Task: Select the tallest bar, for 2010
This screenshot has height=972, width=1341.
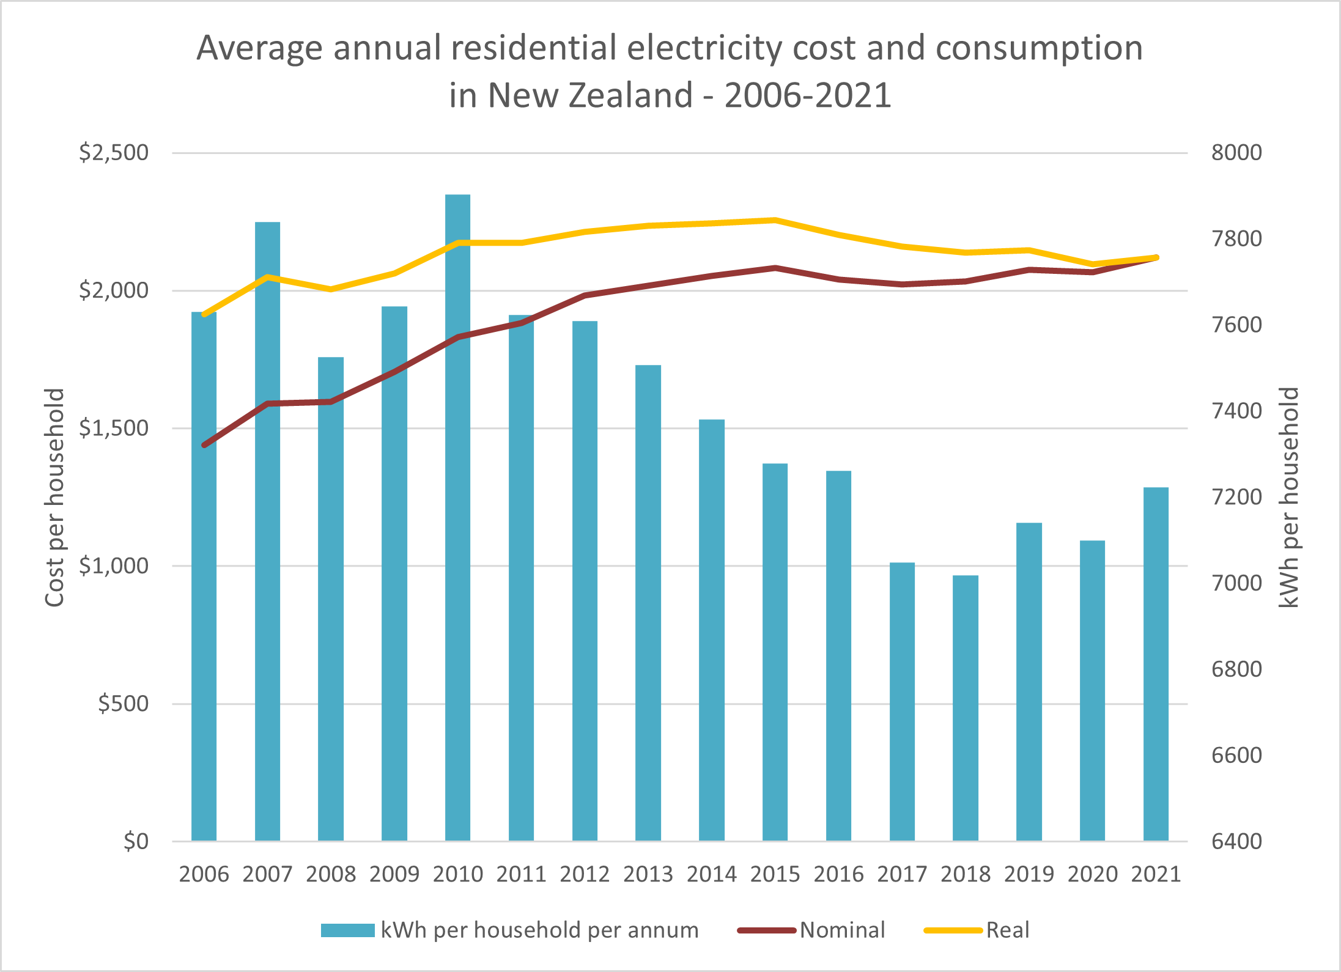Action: coord(457,520)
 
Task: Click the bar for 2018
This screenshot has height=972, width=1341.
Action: coord(965,709)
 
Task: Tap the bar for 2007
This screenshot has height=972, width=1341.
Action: coord(267,532)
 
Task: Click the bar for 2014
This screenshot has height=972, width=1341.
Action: coord(711,630)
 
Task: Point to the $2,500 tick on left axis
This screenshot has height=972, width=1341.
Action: coord(114,152)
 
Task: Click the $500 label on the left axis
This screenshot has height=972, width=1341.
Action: coord(124,704)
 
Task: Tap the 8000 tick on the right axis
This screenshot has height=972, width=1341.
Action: coord(1236,152)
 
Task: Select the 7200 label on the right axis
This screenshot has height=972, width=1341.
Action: coord(1236,497)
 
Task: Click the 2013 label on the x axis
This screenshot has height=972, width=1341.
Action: coord(648,874)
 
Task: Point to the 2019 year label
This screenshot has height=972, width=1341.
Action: coord(1029,874)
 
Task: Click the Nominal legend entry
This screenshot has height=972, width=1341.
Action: coord(842,930)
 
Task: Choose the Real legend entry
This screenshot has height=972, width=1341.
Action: coord(1007,930)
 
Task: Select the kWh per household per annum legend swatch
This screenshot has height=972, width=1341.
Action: coord(347,930)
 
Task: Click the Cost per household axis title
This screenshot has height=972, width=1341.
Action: coord(55,497)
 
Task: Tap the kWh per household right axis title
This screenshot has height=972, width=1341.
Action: coord(1289,497)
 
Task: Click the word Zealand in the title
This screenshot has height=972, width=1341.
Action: coord(631,95)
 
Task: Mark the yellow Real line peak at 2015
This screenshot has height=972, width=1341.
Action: coord(775,220)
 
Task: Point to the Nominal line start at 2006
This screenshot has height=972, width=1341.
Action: coord(204,445)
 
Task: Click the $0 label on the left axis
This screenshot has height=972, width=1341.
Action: coord(136,842)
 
